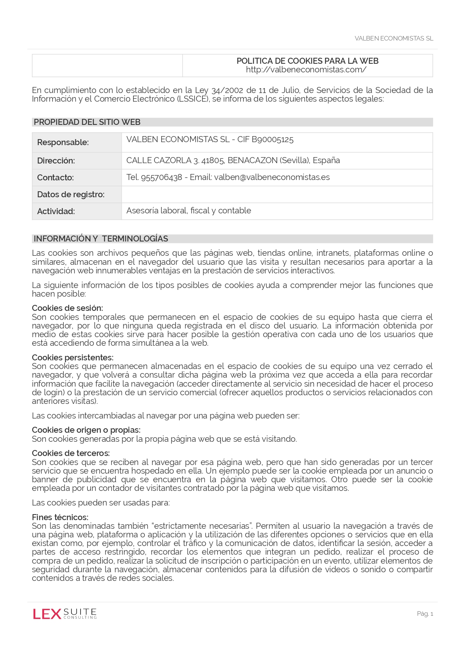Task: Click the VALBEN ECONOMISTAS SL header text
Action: [x=394, y=38]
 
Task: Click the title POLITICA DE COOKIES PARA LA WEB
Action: [x=307, y=61]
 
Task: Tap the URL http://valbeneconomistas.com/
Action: [x=306, y=70]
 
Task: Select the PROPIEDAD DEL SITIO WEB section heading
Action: [x=87, y=122]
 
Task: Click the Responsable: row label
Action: [x=63, y=142]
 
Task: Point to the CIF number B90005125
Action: [x=273, y=140]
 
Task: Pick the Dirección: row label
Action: [x=56, y=161]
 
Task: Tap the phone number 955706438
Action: [x=161, y=177]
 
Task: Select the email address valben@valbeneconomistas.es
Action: [x=272, y=177]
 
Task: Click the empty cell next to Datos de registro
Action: [x=277, y=194]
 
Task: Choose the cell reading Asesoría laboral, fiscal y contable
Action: [x=189, y=211]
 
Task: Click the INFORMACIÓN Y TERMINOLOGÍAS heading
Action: [x=101, y=239]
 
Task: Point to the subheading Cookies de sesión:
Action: [x=67, y=308]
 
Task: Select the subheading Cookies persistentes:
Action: [x=72, y=358]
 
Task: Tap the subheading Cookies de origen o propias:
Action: [x=86, y=430]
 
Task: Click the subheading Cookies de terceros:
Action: [x=71, y=453]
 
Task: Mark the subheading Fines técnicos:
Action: [x=60, y=517]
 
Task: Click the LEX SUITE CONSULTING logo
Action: [x=65, y=614]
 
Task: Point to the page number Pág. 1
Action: [x=425, y=614]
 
